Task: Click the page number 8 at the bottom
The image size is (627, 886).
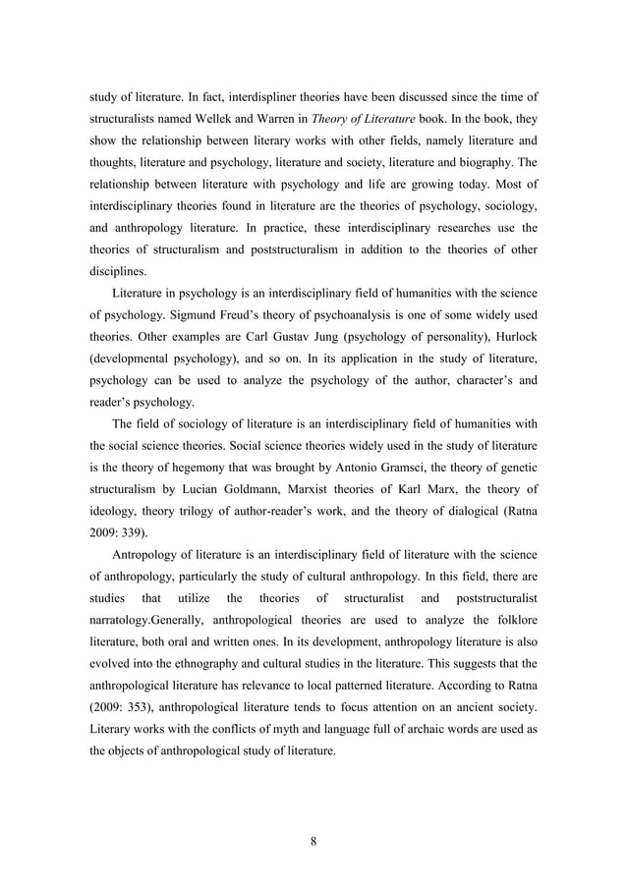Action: click(x=313, y=840)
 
